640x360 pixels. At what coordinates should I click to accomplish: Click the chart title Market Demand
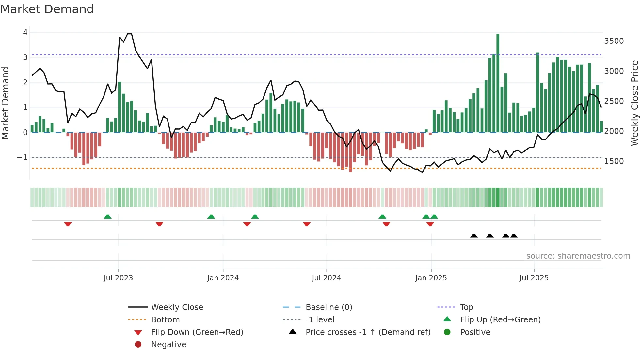pos(47,9)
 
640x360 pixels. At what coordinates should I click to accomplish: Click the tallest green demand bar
pos(498,83)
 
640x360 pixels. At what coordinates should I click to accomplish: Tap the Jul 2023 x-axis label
pos(118,278)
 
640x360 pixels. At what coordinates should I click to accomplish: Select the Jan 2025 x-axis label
pos(431,278)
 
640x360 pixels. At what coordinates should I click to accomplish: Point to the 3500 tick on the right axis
pos(614,41)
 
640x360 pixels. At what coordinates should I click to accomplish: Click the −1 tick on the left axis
pos(23,157)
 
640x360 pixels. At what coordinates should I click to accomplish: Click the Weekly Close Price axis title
pos(634,103)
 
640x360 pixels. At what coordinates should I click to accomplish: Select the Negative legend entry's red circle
pos(138,345)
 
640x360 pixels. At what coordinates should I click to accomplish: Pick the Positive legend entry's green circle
pos(447,332)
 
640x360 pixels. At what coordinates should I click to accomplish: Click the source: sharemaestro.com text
pos(578,256)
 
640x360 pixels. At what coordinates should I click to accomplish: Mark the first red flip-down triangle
pos(68,224)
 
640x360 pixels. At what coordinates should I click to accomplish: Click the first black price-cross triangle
pos(474,236)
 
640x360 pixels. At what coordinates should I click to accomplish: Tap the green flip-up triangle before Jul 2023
pos(107,216)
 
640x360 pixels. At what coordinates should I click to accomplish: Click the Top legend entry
pos(466,307)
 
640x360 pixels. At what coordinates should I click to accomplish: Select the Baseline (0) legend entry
pos(328,307)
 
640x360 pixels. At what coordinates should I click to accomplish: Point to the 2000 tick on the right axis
pos(614,131)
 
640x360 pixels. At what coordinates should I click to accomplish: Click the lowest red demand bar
pos(350,152)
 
